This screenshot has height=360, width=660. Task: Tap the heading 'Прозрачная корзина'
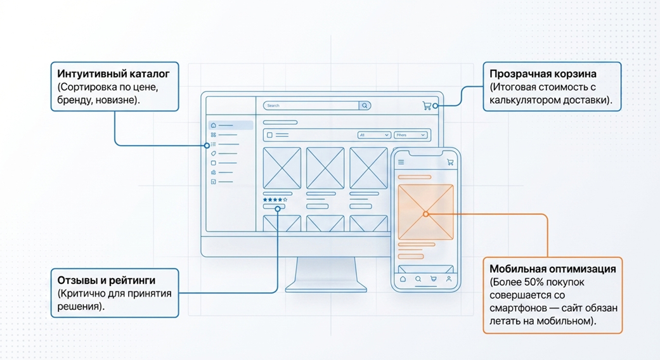543,74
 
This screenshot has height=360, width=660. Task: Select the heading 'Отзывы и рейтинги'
107,280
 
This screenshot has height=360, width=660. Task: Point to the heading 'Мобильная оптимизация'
552,269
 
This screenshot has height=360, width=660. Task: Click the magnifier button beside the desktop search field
365,106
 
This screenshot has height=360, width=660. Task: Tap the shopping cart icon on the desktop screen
427,106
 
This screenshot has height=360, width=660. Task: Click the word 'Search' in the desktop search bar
273,106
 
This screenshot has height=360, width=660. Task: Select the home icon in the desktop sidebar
214,125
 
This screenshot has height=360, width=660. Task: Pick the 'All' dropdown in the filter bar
374,135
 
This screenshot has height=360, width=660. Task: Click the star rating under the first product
275,200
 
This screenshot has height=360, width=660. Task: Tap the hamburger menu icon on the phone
401,162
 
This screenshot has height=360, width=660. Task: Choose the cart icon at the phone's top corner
450,162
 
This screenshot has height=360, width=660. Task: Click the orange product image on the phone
425,212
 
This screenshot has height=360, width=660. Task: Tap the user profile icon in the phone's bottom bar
449,279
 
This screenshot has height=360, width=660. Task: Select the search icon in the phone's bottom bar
418,279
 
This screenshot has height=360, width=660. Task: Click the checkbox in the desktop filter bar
269,135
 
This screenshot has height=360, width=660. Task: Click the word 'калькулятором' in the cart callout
521,100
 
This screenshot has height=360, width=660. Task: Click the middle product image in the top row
325,168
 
